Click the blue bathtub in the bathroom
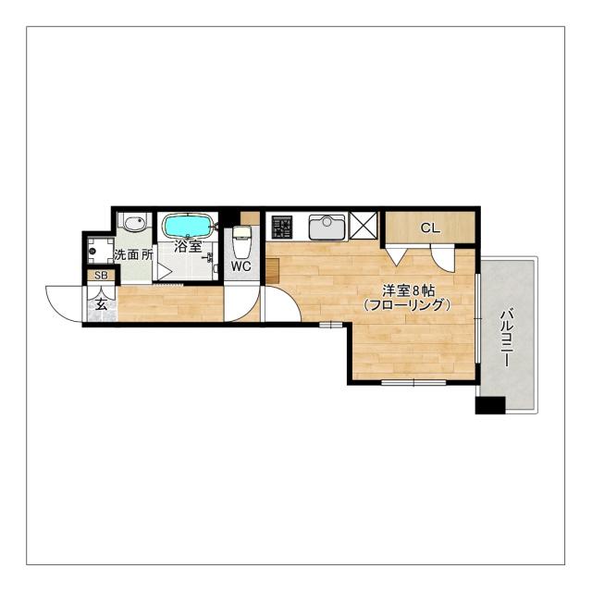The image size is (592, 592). pyautogui.click(x=187, y=226)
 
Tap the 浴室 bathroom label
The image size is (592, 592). pyautogui.click(x=188, y=247)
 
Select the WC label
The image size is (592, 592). pyautogui.click(x=240, y=266)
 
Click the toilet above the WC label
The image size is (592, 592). pyautogui.click(x=241, y=240)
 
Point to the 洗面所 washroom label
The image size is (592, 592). pyautogui.click(x=133, y=255)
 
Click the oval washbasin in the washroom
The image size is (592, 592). pyautogui.click(x=135, y=223)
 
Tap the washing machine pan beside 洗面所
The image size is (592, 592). pyautogui.click(x=101, y=250)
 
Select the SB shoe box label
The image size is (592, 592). pyautogui.click(x=101, y=276)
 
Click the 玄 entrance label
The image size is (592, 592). pyautogui.click(x=101, y=304)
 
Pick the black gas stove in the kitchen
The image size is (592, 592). pyautogui.click(x=281, y=228)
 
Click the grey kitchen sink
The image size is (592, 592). pyautogui.click(x=327, y=228)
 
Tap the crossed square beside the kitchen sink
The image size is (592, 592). pyautogui.click(x=364, y=226)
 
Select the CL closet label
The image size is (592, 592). pyautogui.click(x=430, y=228)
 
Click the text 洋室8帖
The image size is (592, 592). pyautogui.click(x=408, y=290)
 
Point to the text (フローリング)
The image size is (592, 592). pyautogui.click(x=407, y=305)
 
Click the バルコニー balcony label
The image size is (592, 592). pyautogui.click(x=506, y=338)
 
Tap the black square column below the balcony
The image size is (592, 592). pyautogui.click(x=490, y=405)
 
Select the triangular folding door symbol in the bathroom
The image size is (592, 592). pyautogui.click(x=163, y=271)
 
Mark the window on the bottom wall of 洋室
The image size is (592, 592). pyautogui.click(x=413, y=382)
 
